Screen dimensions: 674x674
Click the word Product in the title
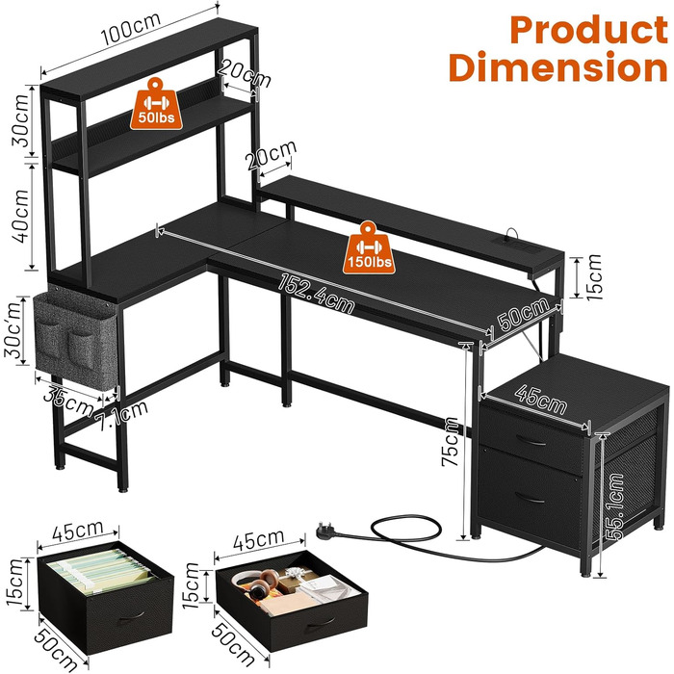pos(589,29)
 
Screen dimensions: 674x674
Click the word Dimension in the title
pos(557,66)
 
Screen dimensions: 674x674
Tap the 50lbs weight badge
pos(156,104)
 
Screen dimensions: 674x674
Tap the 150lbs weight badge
pos(369,248)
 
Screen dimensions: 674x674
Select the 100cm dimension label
pos(131,29)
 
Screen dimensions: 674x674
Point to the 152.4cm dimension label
pos(317,294)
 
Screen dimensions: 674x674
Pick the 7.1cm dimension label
pos(121,416)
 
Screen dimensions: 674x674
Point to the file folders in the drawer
pos(100,572)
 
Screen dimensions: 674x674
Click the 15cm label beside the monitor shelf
pos(594,277)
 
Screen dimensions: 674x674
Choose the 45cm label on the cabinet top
pos(541,400)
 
